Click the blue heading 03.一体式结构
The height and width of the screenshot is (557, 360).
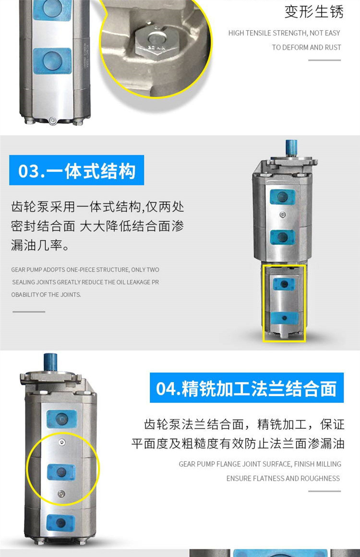pyautogui.click(x=76, y=170)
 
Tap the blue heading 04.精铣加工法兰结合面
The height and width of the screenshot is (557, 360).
pyautogui.click(x=246, y=387)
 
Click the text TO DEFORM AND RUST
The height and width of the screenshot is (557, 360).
pyautogui.click(x=306, y=47)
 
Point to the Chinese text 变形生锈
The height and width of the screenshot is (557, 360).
pyautogui.click(x=314, y=12)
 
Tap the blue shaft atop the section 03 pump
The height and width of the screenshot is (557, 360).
pyautogui.click(x=291, y=149)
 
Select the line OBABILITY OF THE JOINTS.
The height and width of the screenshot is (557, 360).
pyautogui.click(x=46, y=294)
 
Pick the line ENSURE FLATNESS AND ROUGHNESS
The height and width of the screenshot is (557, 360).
pyautogui.click(x=283, y=479)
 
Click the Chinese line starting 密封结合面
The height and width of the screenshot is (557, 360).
pyautogui.click(x=97, y=226)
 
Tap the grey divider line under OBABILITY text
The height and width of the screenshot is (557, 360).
pyautogui.click(x=29, y=312)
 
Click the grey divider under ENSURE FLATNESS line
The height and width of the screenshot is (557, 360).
pyautogui.click(x=324, y=491)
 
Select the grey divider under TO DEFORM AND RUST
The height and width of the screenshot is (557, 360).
pyautogui.click(x=324, y=60)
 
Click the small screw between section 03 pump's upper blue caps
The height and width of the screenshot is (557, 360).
pyautogui.click(x=283, y=215)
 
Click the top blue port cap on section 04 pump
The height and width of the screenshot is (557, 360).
pyautogui.click(x=62, y=419)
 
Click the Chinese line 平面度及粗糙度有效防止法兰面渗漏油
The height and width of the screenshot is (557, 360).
pyautogui.click(x=238, y=443)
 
